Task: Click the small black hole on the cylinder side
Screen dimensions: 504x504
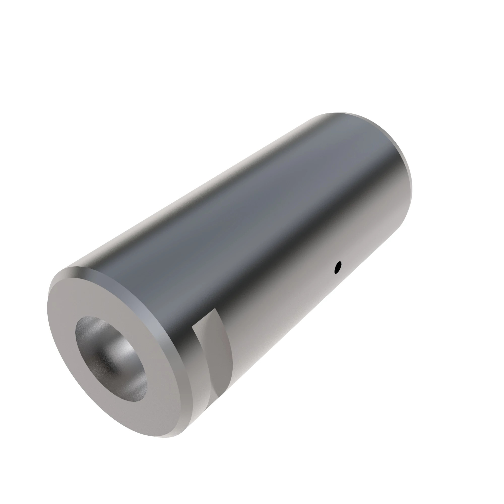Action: [x=338, y=267]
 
